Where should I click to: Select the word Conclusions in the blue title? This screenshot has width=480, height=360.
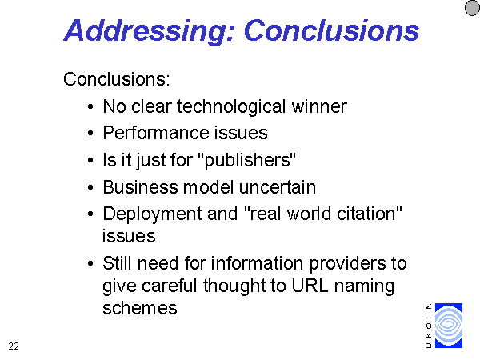coord(331,30)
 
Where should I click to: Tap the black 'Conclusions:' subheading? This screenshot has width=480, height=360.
coord(116,79)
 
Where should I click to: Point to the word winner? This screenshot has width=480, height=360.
coord(319,106)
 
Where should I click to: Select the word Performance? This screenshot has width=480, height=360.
coord(155,133)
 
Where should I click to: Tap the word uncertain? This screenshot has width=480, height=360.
coord(278,187)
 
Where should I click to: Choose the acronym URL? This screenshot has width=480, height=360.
coord(310,286)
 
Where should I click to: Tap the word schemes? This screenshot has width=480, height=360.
coord(140,308)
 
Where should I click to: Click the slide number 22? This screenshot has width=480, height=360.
coord(14,346)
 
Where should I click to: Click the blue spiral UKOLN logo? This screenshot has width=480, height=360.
coord(449,326)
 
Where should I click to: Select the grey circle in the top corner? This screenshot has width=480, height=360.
coord(472,8)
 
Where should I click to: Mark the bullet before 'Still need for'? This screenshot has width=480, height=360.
coord(90,263)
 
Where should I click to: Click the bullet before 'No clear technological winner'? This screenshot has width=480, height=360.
coord(90,107)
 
